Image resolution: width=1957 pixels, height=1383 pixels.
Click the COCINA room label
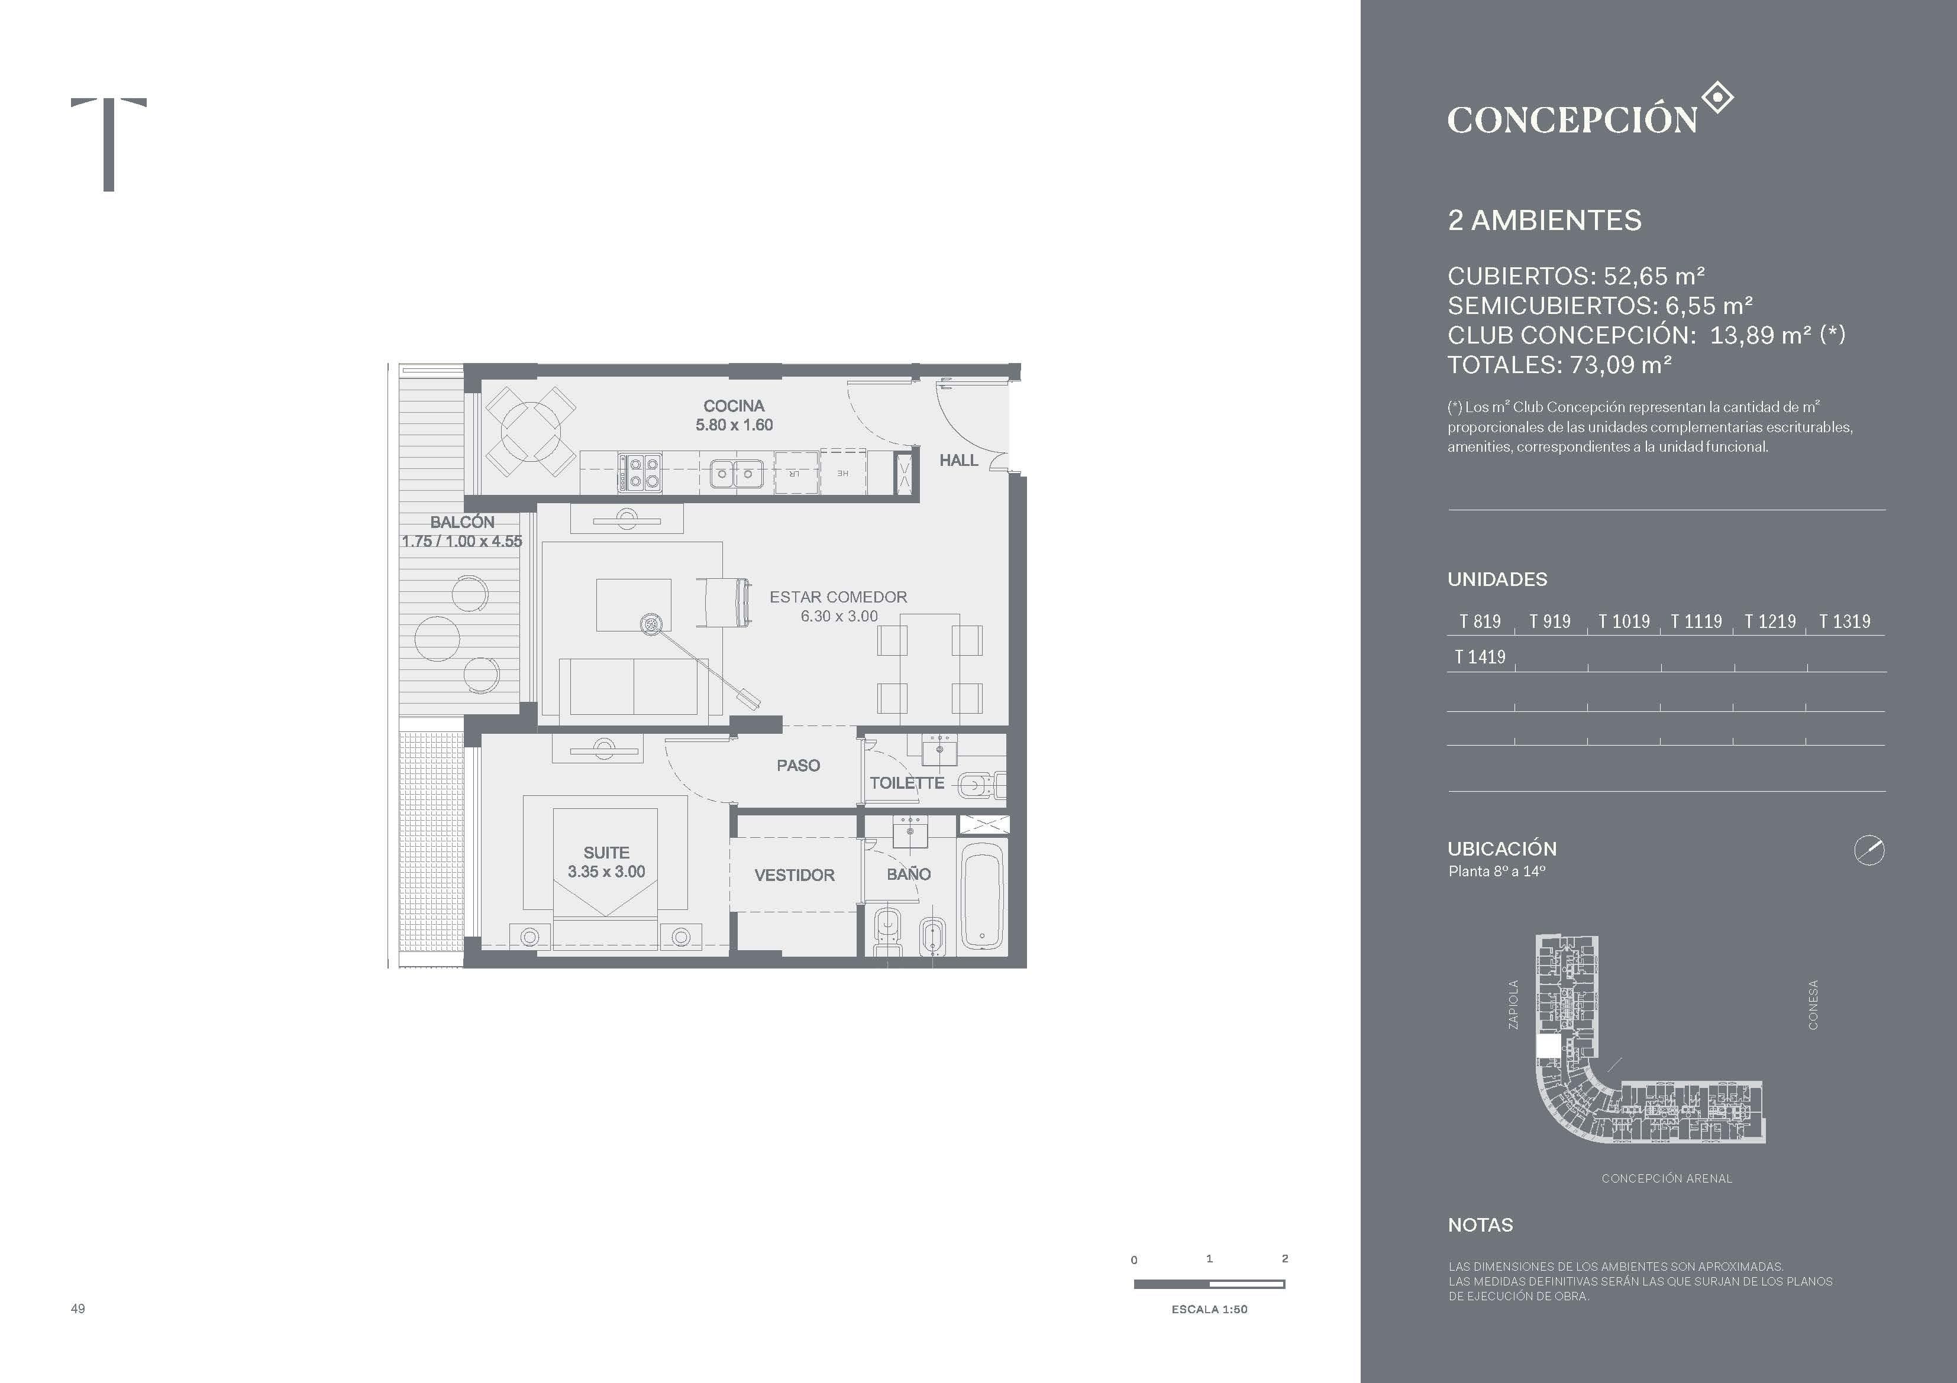tap(734, 406)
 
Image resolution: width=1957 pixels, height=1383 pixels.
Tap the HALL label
tap(959, 460)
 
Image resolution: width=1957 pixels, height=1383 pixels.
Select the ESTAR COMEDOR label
tap(838, 597)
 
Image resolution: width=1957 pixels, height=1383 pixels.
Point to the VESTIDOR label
tap(795, 875)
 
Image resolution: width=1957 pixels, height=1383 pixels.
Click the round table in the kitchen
tap(529, 431)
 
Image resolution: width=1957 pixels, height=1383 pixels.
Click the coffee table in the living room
tap(633, 605)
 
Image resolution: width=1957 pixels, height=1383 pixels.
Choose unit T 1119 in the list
tap(1696, 621)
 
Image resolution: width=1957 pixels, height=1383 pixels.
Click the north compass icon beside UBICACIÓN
tap(1869, 850)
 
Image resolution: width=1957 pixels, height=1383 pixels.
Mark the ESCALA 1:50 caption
tap(1209, 1309)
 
